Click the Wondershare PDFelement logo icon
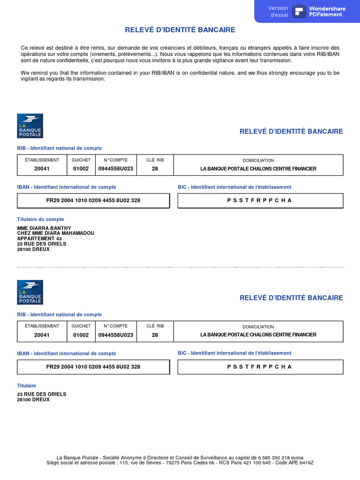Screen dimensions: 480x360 [299, 11]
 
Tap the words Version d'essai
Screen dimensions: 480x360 [278, 11]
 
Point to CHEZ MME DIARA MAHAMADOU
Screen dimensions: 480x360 [56, 233]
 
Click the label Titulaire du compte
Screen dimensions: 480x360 [41, 219]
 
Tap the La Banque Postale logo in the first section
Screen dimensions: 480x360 [30, 126]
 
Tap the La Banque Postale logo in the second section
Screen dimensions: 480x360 [30, 292]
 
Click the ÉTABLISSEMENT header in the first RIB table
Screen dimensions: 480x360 [42, 160]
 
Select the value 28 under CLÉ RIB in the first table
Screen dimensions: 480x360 [155, 169]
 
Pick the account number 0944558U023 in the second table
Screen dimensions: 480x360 [116, 335]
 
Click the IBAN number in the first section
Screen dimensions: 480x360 [93, 200]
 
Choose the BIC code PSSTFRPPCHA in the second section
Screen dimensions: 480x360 [260, 367]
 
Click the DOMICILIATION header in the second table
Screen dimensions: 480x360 [258, 327]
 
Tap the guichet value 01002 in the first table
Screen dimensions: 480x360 [81, 169]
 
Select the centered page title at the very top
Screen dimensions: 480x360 [180, 30]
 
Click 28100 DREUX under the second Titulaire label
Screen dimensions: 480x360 [33, 400]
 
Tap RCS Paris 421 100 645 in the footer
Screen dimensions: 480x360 [247, 463]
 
